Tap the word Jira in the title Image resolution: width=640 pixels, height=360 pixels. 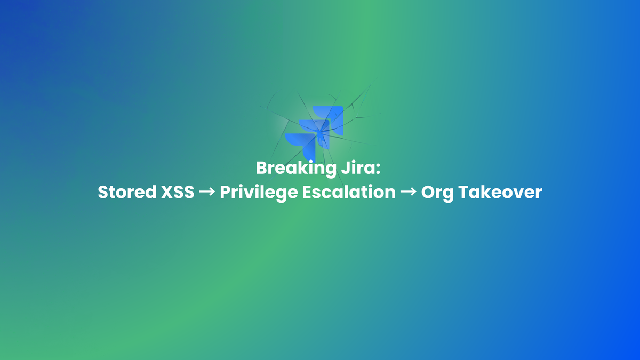365,169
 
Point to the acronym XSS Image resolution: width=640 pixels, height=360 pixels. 178,193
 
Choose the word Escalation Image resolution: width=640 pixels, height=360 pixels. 349,193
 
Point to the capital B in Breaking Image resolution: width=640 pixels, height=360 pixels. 261,169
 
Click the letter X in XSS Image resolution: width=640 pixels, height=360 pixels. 166,193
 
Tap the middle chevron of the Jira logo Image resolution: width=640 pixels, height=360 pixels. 315,130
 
